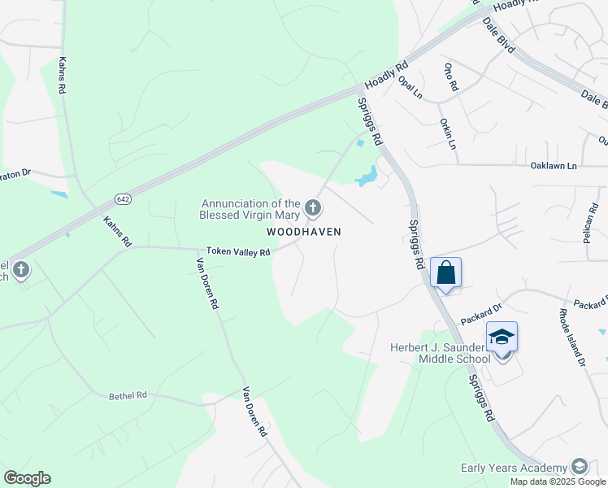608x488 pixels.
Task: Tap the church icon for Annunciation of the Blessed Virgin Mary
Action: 312,209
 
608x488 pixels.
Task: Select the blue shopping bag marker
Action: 446,272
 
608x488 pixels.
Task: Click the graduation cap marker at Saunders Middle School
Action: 502,337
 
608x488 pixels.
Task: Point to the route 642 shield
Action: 123,199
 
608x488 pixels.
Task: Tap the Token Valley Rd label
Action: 237,252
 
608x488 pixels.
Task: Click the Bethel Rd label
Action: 128,395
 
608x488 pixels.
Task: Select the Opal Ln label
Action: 410,87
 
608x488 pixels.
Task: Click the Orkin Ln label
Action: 448,134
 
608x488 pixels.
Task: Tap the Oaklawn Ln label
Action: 553,165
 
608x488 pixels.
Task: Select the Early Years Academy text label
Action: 514,468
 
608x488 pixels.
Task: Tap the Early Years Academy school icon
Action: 580,466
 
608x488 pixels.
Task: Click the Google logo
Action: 27,478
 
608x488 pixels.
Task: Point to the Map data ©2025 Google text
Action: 558,481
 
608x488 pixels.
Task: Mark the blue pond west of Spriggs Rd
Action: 367,176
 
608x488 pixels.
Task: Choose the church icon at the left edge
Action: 21,269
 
